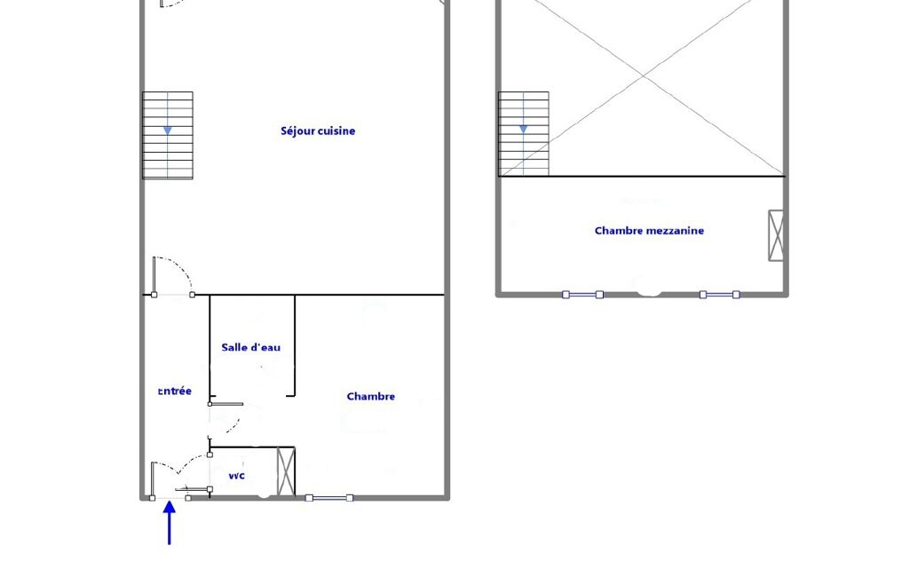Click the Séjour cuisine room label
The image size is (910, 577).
[318, 131]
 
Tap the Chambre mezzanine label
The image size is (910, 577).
[649, 231]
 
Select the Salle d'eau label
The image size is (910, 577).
[250, 347]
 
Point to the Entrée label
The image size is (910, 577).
[175, 391]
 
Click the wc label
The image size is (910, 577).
[236, 476]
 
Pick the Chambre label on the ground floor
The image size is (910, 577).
[370, 397]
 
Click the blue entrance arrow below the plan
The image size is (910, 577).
[170, 523]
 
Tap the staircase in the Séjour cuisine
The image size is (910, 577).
[168, 135]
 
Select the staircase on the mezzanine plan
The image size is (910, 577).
[524, 134]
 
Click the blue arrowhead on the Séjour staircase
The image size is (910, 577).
[167, 130]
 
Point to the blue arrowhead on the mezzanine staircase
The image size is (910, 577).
[523, 130]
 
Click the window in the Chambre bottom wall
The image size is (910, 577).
[329, 497]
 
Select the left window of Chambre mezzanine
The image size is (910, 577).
[582, 295]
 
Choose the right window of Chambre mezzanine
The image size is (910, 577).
[720, 295]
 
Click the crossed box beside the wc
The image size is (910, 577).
[286, 471]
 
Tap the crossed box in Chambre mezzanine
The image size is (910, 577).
[776, 235]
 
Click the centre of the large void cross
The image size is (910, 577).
[643, 75]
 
